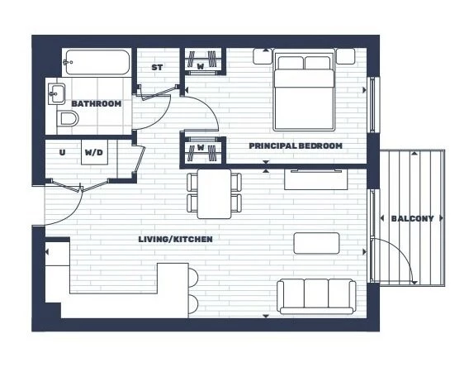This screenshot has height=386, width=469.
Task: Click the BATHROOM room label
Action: point(97,103)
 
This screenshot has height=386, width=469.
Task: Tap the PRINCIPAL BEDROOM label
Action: point(296,145)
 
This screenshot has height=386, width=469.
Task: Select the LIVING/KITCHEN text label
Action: point(176,239)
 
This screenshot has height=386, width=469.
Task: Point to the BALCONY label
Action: point(412,218)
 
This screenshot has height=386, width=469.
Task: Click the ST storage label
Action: point(157,68)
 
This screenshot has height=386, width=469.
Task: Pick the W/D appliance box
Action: point(94,152)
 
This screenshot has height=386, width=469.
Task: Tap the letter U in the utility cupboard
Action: point(62,152)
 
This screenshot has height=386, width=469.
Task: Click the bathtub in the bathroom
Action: point(97,62)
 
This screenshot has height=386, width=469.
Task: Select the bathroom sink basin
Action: point(56,93)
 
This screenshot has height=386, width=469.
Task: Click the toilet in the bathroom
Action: point(68,119)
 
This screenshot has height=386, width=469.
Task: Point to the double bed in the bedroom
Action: point(304,92)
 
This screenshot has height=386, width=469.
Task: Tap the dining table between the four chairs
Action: point(214,193)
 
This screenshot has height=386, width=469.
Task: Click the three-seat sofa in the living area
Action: point(316,297)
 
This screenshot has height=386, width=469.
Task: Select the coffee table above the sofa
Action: point(317,243)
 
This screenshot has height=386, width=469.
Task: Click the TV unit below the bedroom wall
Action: point(316,179)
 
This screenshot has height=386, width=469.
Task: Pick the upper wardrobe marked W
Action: point(203,61)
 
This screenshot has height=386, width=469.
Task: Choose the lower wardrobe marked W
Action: point(203,150)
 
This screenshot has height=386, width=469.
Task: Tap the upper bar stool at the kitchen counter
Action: point(193,278)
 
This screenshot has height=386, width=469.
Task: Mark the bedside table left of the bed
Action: point(263,56)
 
